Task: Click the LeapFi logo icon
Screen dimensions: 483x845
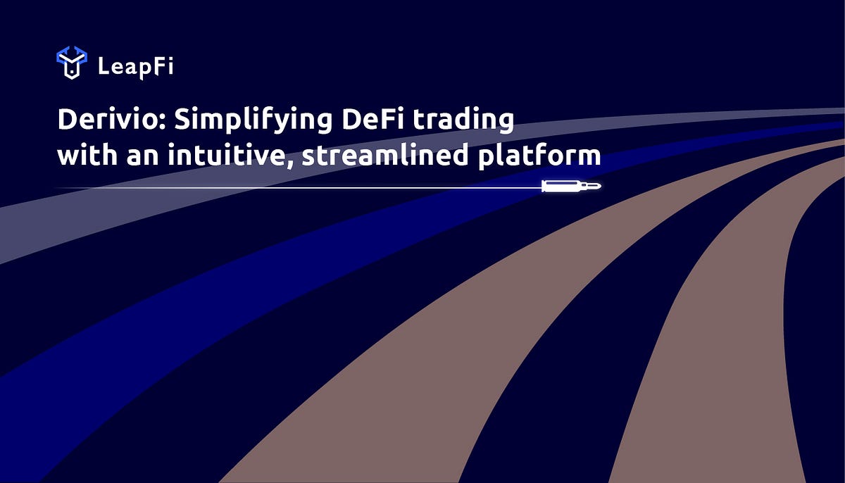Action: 71,63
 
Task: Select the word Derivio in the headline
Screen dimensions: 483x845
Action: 108,120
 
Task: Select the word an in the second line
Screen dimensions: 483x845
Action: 143,156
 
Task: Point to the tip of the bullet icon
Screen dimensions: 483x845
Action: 600,187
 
